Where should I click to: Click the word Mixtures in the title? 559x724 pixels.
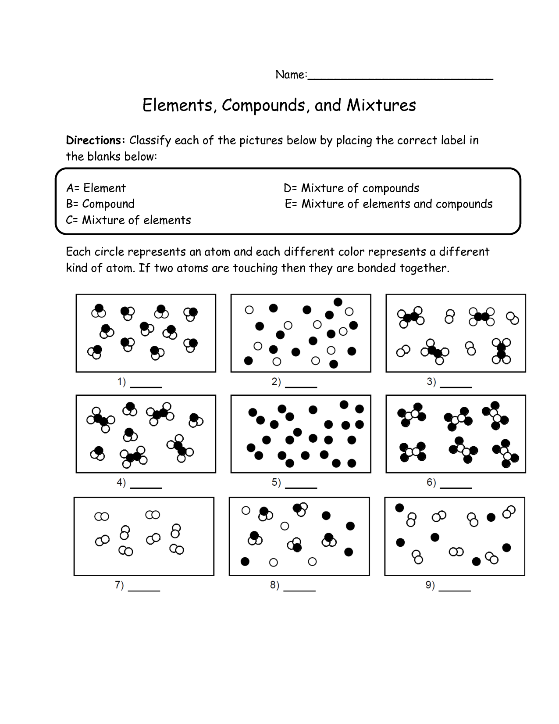point(381,105)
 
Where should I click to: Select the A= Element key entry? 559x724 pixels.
point(96,188)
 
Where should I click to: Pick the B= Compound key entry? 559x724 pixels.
point(100,204)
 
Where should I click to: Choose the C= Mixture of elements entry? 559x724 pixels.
point(128,220)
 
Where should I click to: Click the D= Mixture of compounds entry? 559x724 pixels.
point(351,188)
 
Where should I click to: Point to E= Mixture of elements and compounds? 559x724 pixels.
point(388,204)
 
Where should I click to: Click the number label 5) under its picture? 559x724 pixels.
point(276,483)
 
